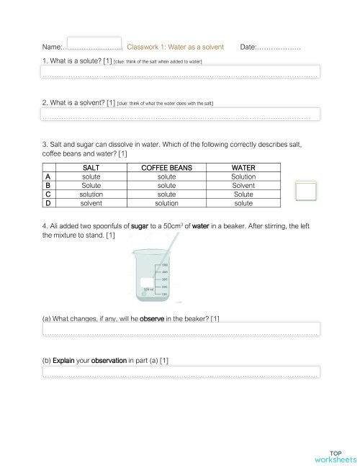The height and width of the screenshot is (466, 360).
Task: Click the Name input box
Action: [94, 45]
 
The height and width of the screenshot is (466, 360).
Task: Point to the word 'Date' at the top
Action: [248, 47]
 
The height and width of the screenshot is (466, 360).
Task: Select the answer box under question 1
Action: [180, 71]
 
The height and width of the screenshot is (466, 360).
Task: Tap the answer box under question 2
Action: [180, 114]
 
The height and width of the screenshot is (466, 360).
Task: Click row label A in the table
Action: [48, 176]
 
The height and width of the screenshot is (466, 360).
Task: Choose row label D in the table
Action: [48, 203]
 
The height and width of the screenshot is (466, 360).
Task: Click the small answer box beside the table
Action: [306, 191]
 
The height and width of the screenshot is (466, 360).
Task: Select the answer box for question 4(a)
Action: [180, 329]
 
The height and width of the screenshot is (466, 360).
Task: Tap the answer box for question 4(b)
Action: [180, 372]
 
